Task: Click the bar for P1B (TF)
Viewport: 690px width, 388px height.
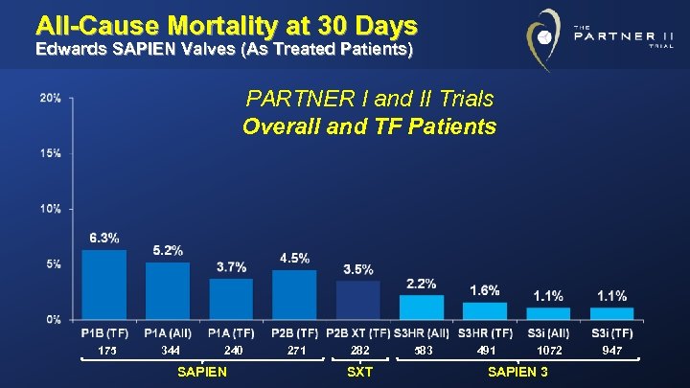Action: point(104,284)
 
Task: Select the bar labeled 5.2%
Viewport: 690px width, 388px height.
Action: point(168,290)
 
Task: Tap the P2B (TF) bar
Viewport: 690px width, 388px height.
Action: point(294,294)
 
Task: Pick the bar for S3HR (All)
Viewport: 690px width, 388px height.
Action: point(422,307)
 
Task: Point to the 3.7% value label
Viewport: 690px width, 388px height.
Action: point(231,266)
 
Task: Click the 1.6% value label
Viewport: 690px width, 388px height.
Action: point(485,290)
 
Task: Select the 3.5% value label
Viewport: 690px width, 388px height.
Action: point(358,269)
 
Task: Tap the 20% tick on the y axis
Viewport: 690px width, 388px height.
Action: point(51,98)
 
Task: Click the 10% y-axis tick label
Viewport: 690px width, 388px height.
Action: point(51,208)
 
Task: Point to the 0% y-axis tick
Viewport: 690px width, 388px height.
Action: point(54,318)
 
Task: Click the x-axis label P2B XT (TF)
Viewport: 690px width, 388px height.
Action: point(357,333)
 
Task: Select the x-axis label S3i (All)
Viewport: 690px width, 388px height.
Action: point(548,333)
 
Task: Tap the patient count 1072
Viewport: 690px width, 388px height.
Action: point(549,351)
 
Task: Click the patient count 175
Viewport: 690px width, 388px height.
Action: point(105,351)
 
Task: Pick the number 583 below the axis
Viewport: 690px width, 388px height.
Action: point(423,351)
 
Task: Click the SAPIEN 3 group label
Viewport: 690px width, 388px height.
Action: point(517,372)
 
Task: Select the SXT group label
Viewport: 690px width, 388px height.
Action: point(358,372)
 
